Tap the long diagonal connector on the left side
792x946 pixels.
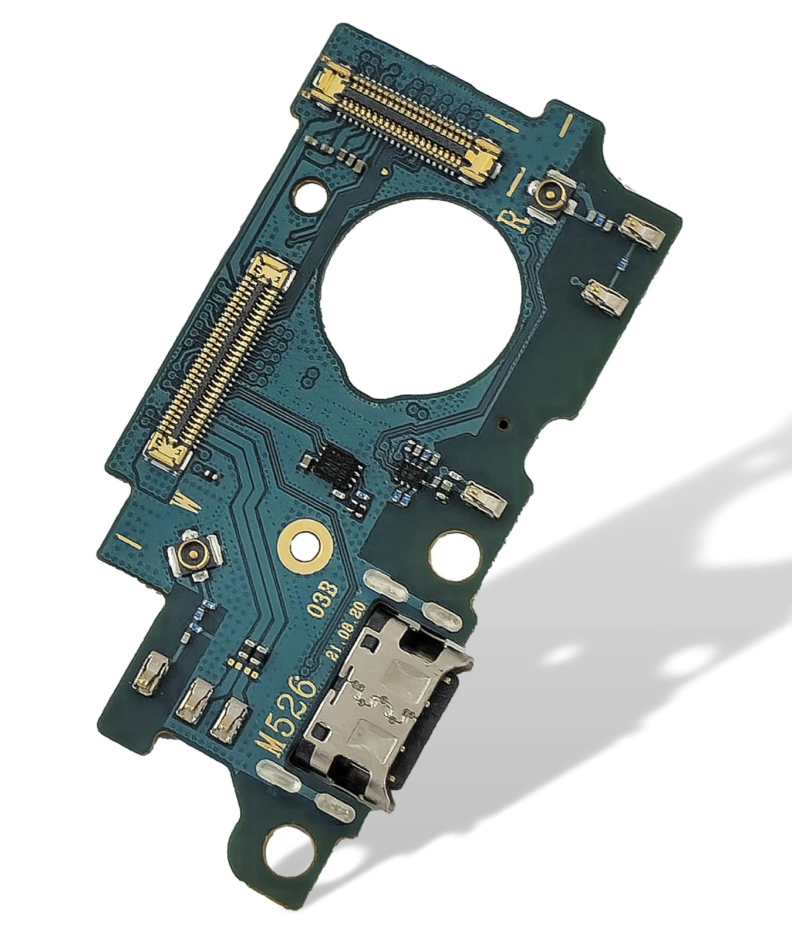coord(221,356)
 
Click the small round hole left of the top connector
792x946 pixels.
coord(310,193)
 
